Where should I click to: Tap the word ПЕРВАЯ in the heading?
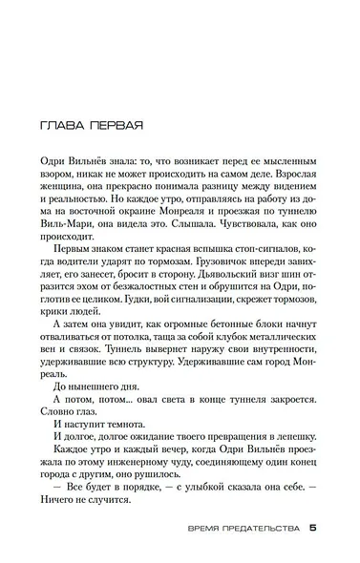[115, 124]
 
